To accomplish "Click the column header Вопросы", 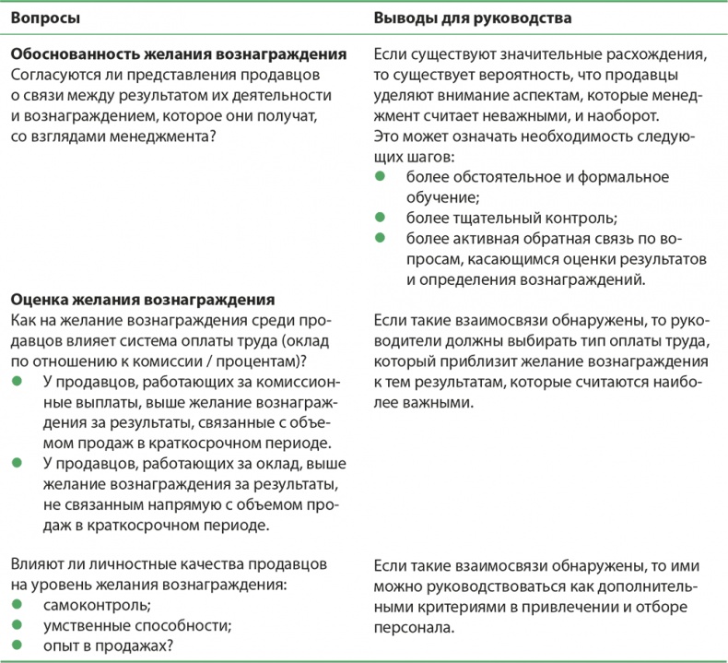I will (44, 18).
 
